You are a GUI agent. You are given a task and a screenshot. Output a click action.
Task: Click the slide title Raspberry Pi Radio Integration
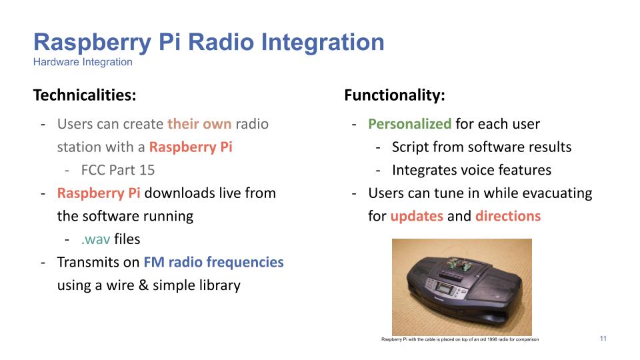coord(209,43)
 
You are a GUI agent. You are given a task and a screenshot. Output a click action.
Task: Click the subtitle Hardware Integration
coord(83,62)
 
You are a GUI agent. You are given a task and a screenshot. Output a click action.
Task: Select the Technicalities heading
coord(85,95)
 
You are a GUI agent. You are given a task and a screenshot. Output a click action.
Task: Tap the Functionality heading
coord(395,95)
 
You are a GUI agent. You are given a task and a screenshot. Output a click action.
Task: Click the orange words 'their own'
coord(199,124)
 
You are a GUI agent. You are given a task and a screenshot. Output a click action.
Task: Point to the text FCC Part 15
coord(118,170)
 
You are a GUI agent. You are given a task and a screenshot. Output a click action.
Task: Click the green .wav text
coord(95,239)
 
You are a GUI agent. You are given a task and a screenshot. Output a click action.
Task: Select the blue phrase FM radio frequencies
coord(213,262)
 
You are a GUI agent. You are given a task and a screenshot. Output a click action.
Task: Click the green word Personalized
coord(410,124)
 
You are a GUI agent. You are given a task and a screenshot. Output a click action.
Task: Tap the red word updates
coord(417,216)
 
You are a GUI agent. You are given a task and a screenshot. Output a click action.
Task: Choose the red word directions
coord(508,216)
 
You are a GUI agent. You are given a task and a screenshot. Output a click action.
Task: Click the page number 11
coord(603,339)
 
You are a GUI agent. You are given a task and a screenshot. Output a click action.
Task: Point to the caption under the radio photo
coord(460,339)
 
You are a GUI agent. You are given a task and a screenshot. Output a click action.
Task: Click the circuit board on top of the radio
coord(457,263)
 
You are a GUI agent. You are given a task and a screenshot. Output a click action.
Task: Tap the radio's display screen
coord(443,288)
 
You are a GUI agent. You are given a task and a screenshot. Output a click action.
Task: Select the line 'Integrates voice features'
coord(471,170)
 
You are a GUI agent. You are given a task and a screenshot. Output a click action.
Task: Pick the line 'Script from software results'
coord(481,147)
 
